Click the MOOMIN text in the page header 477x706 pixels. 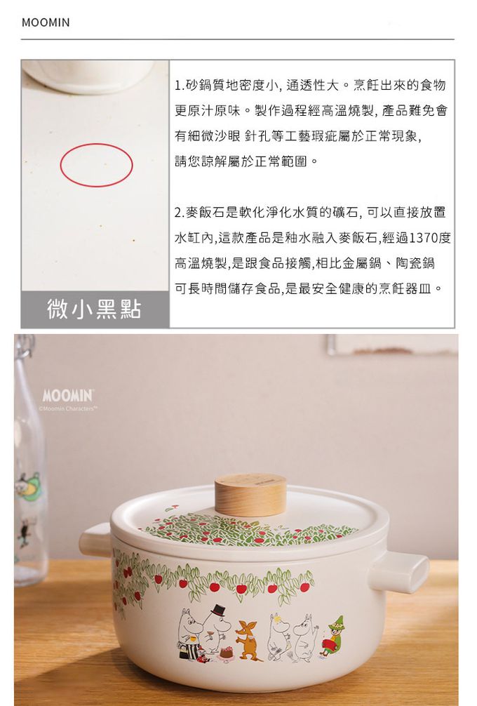46,22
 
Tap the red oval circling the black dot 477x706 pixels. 96,144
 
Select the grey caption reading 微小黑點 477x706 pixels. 95,309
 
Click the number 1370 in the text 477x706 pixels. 424,238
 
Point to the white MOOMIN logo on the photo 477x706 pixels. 68,396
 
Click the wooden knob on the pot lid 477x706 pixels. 250,494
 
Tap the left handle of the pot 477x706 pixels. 96,540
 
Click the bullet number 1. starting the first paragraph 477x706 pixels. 180,85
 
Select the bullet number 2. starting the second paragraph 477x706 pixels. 180,213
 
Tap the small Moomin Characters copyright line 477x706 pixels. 69,409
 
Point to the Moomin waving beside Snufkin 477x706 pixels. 305,635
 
